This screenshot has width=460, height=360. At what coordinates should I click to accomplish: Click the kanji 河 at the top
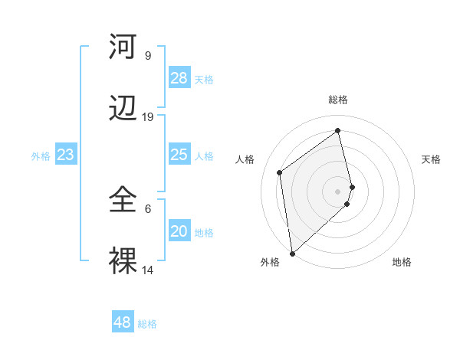(123, 47)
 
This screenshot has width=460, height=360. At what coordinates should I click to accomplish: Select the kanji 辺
(123, 109)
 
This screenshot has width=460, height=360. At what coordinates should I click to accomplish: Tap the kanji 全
(123, 200)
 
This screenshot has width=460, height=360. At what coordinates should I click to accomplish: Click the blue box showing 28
(179, 78)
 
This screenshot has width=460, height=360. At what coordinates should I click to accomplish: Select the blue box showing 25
(179, 155)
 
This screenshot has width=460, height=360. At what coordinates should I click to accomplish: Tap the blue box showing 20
(179, 231)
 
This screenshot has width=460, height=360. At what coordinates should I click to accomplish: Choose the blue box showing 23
(65, 155)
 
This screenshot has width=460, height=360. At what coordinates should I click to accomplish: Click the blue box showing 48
(122, 322)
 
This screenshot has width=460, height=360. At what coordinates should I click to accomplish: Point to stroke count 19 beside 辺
(148, 117)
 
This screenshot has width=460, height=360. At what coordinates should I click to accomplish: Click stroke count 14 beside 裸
(148, 270)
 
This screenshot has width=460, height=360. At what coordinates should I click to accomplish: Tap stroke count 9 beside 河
(148, 56)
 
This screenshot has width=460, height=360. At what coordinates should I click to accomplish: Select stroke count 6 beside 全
(148, 208)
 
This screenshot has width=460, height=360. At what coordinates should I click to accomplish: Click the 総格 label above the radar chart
(338, 100)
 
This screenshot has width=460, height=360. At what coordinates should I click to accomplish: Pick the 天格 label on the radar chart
(431, 159)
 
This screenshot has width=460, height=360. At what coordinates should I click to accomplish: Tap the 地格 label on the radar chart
(402, 262)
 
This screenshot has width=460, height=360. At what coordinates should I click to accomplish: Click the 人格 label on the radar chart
(245, 159)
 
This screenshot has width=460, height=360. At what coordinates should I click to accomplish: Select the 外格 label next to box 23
(41, 156)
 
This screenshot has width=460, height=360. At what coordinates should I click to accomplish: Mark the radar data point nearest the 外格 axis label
(291, 253)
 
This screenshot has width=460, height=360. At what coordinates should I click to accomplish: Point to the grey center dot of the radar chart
(338, 190)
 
